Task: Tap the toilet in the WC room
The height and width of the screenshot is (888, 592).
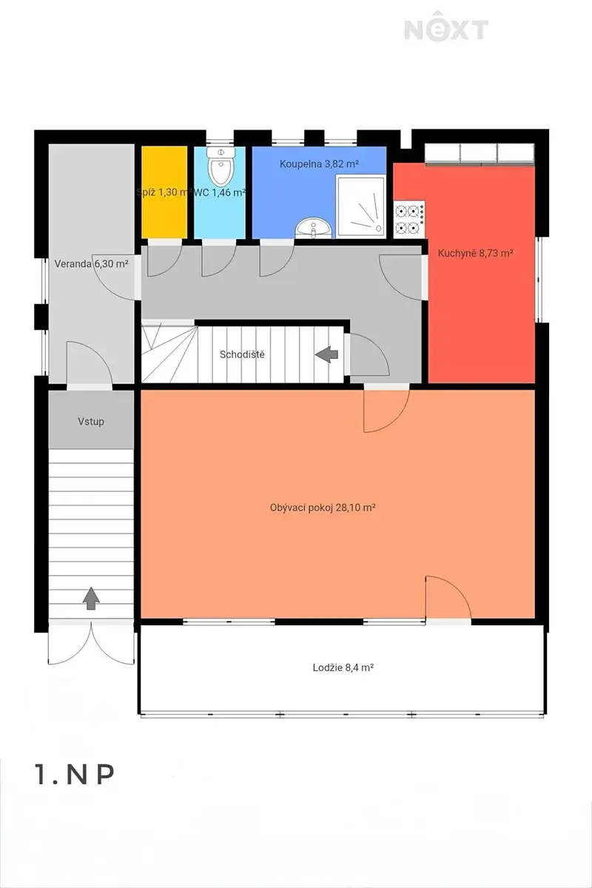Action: (221, 168)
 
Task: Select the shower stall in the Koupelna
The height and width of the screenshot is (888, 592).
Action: (361, 206)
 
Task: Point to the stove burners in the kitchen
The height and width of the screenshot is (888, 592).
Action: (409, 219)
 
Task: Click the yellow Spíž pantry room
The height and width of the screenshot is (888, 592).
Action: (164, 192)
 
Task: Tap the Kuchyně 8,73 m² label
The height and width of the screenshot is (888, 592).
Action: (475, 253)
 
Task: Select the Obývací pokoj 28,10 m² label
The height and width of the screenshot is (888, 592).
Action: (323, 508)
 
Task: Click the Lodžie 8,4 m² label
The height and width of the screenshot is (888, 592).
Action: (343, 667)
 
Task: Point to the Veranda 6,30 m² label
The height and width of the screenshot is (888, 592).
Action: (91, 263)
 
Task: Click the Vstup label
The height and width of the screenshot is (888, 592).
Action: (91, 421)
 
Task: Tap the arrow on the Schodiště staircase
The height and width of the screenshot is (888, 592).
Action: (327, 354)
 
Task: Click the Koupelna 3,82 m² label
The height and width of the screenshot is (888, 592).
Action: (319, 164)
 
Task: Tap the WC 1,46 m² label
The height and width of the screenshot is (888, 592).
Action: (220, 192)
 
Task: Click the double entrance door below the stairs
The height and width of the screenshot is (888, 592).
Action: (91, 643)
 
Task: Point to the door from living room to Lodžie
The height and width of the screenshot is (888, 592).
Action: (448, 598)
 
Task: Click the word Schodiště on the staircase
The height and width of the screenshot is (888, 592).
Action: (242, 354)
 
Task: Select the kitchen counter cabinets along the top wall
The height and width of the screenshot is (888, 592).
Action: (480, 154)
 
